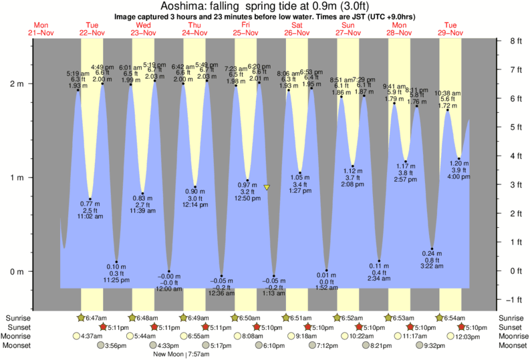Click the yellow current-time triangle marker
click(267, 188)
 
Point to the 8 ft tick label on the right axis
click(515, 41)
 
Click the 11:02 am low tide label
click(90, 216)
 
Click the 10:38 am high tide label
click(447, 94)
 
